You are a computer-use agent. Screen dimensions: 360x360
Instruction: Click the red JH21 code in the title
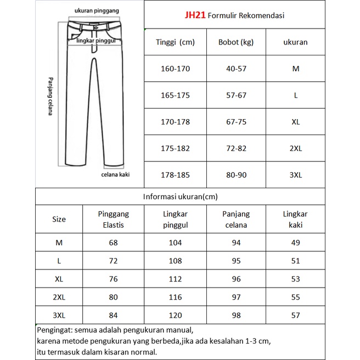(195, 16)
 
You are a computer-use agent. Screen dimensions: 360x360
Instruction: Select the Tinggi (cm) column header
(175, 42)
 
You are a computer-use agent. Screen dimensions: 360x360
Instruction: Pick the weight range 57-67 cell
(236, 95)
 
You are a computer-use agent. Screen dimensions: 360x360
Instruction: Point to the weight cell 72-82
(236, 148)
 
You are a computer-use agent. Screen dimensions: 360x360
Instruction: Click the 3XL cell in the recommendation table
(295, 175)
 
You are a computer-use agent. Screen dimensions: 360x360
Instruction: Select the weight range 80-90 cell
(236, 175)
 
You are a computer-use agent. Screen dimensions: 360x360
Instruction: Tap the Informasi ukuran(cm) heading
(179, 196)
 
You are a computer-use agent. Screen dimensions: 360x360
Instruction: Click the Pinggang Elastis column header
(113, 219)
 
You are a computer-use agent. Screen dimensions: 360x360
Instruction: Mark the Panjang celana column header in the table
(236, 219)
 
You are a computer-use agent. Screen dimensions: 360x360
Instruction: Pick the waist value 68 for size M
(113, 243)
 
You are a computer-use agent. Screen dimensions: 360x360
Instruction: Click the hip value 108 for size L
(175, 261)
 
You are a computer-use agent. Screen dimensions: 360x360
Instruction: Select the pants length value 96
(236, 279)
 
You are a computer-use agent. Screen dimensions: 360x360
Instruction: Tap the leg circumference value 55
(295, 297)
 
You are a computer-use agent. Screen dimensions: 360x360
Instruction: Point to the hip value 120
(175, 315)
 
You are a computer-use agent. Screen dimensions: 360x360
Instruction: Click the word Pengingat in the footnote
(54, 330)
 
